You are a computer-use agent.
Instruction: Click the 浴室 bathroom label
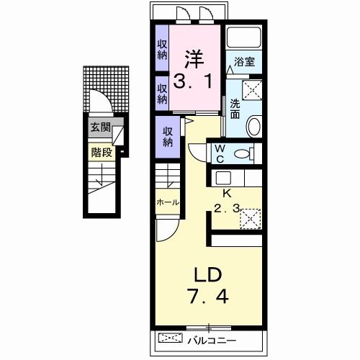244,62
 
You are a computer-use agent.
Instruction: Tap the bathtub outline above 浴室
244,37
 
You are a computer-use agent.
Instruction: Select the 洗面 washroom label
235,109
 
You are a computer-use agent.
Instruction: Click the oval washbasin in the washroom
254,126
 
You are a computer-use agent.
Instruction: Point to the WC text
220,153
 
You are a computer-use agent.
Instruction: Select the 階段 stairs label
102,152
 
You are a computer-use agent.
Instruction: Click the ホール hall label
168,202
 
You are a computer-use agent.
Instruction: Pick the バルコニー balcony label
212,341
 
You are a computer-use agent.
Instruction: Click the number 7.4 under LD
208,297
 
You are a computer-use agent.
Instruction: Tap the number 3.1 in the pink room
193,81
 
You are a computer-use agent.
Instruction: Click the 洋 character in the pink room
194,59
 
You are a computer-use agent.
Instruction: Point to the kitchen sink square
223,178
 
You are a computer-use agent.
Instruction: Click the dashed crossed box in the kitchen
251,219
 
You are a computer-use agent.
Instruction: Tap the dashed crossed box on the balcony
171,338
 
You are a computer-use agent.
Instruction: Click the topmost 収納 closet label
162,50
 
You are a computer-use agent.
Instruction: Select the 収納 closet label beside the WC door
168,137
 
